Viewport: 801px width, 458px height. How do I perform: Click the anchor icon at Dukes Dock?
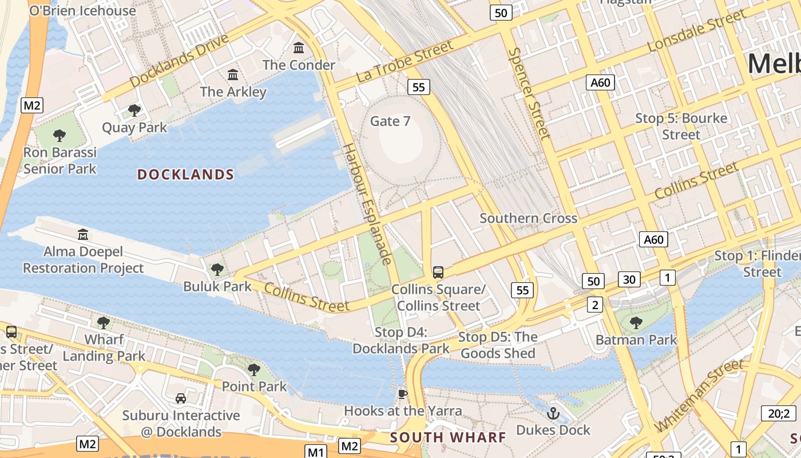pos(553,413)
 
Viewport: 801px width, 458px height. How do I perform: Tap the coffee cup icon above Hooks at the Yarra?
pos(403,394)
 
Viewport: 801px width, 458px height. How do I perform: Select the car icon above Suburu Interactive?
pos(181,398)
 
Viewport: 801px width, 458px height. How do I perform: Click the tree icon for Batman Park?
pos(636,323)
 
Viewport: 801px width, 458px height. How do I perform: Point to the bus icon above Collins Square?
pos(438,273)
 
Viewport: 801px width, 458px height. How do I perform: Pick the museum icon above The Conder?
pos(299,48)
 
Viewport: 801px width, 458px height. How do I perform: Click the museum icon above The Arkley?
pos(233,75)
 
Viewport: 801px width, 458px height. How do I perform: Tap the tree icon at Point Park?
pos(254,370)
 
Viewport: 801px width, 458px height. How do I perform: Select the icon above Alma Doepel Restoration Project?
pos(84,234)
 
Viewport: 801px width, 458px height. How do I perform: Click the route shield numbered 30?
pos(629,279)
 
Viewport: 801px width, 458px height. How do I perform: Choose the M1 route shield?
pos(315,452)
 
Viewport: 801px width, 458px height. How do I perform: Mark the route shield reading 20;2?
pos(779,413)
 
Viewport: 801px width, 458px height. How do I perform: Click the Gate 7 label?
pos(390,121)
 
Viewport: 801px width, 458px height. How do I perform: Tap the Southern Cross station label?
pos(528,218)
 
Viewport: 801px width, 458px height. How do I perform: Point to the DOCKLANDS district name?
pos(186,175)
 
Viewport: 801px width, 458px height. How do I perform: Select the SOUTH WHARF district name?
pos(448,438)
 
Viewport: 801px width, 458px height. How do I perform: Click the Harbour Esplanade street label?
pos(366,203)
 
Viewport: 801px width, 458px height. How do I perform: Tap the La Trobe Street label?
pos(404,61)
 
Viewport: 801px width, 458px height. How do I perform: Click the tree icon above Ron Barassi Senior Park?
pos(60,136)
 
